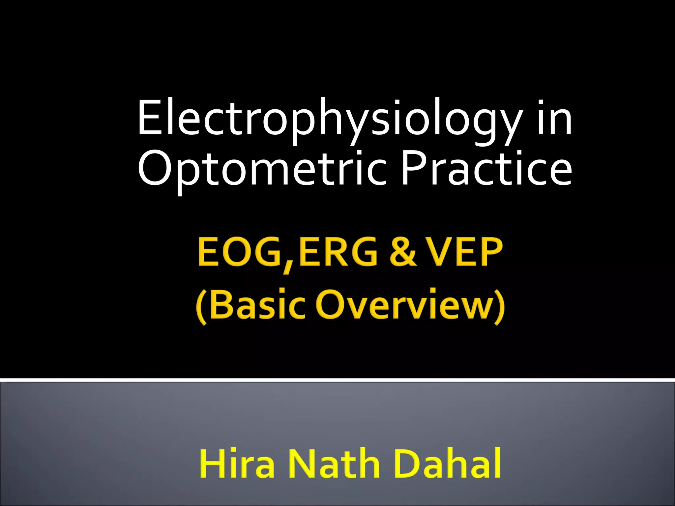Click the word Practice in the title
click(486, 168)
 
